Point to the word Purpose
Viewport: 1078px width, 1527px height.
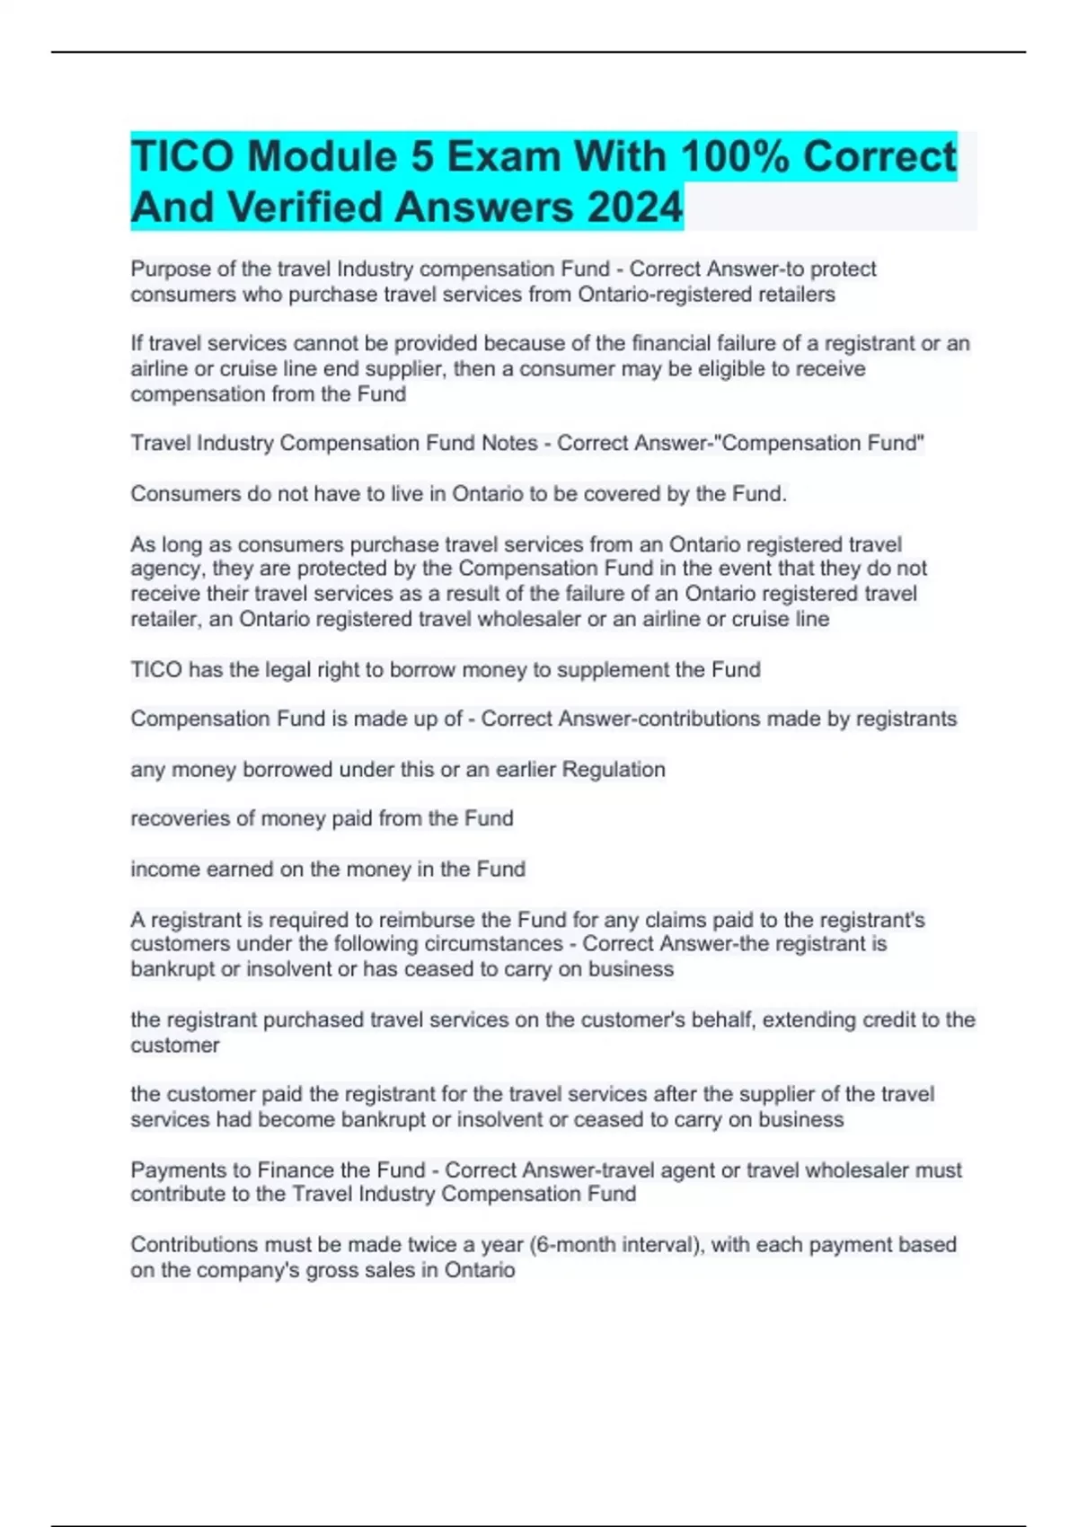[171, 269]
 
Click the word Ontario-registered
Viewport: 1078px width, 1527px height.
[662, 294]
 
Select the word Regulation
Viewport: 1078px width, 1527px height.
[614, 769]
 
